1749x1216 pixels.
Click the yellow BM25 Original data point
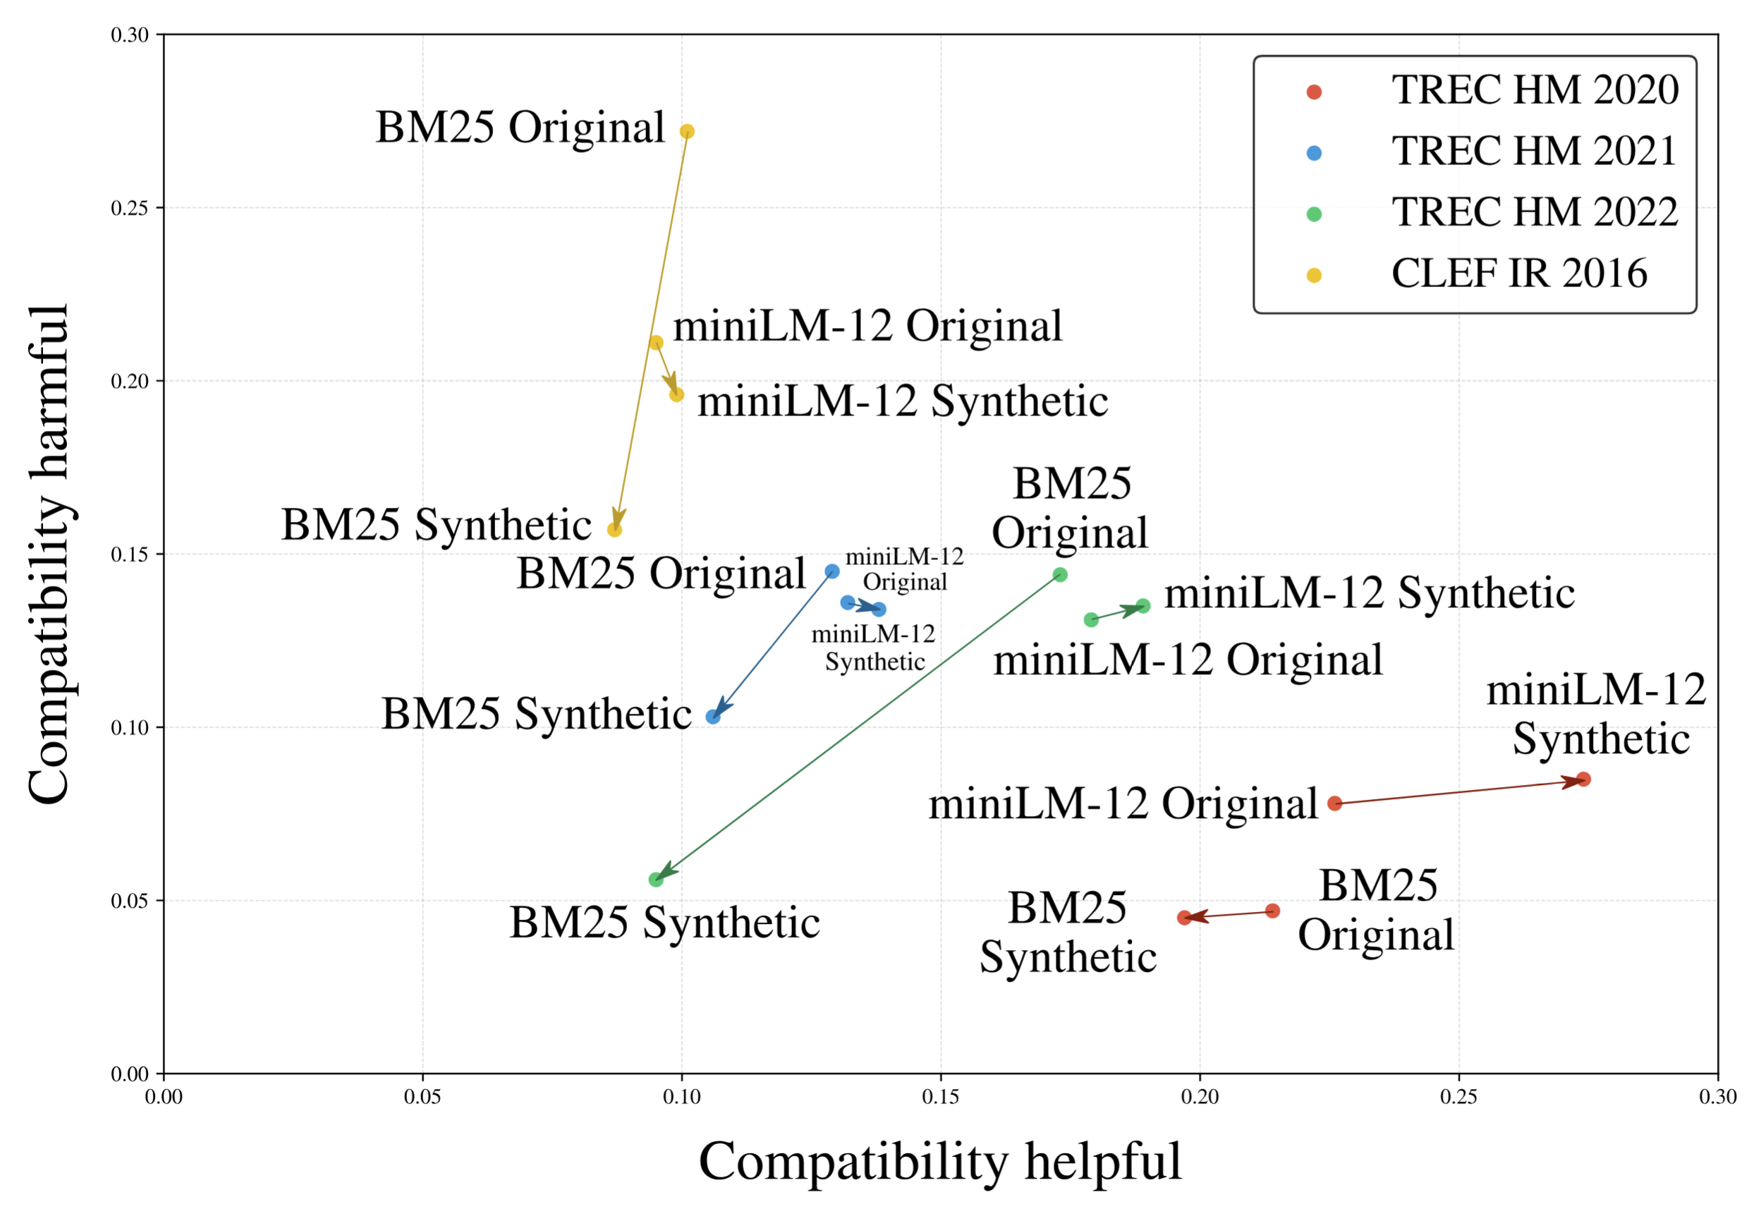686,132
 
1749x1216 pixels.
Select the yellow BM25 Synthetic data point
615,530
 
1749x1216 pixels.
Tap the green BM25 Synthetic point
656,880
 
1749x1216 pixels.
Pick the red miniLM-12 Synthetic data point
1583,779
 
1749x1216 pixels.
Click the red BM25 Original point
1272,911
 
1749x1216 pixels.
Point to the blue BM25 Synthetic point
713,717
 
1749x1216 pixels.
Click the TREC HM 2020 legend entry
1534,91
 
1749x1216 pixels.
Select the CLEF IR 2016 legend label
1519,274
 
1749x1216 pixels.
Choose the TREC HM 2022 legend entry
1534,212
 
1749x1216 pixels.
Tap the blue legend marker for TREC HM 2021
1314,153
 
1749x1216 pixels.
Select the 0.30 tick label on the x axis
1718,1097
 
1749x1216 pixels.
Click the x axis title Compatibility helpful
940,1162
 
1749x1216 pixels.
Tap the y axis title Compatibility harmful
49,554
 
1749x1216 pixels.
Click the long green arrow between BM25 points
858,728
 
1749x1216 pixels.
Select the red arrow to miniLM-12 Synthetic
1458,791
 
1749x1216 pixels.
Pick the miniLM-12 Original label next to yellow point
867,327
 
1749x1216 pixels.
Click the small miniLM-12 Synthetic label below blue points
874,648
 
